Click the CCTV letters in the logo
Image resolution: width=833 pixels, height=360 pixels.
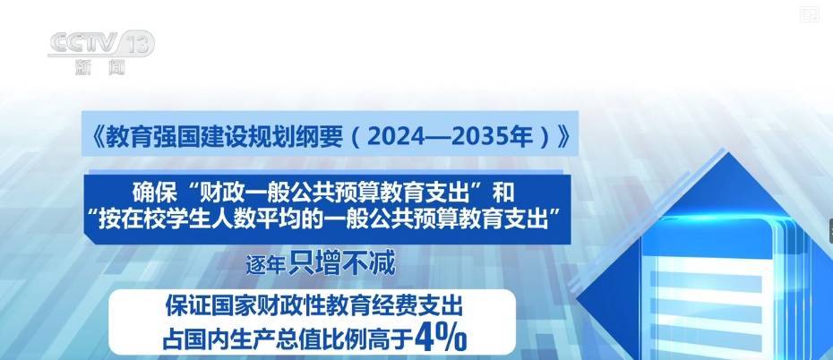(x=83, y=43)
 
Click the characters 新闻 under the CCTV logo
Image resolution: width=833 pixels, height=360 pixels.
(x=100, y=67)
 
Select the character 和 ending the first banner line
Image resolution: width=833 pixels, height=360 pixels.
(x=503, y=193)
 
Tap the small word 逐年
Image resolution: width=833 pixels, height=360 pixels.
(x=266, y=264)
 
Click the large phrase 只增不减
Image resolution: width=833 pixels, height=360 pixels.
(x=342, y=263)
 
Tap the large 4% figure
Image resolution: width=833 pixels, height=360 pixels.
(x=441, y=337)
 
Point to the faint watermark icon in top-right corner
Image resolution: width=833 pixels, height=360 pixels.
(x=810, y=13)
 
